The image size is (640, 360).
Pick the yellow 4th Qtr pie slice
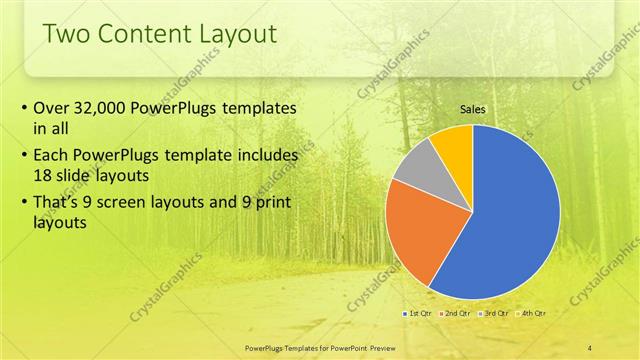coord(454,141)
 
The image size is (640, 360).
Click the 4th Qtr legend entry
coord(533,313)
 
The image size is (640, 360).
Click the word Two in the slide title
coord(69,34)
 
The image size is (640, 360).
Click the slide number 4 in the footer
coord(589,347)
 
